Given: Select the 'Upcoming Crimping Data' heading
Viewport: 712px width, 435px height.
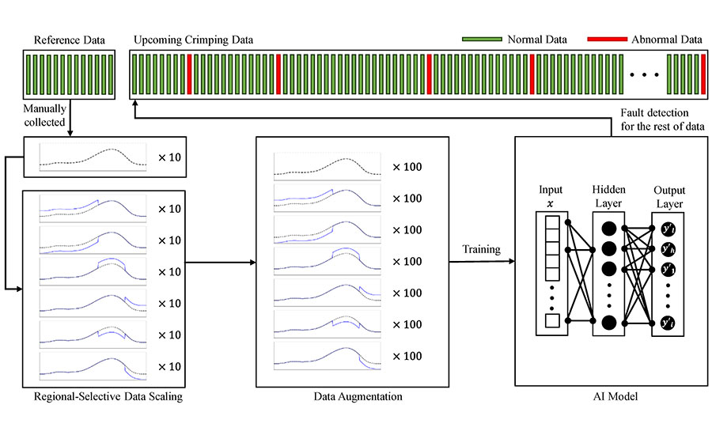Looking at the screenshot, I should [194, 40].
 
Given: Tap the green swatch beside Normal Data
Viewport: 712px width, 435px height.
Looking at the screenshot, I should [482, 39].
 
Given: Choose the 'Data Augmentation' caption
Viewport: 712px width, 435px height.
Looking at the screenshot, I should [354, 396].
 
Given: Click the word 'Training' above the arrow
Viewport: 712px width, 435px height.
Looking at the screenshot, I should [482, 249].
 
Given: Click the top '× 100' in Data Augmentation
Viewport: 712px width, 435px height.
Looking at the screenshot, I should [407, 168].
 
